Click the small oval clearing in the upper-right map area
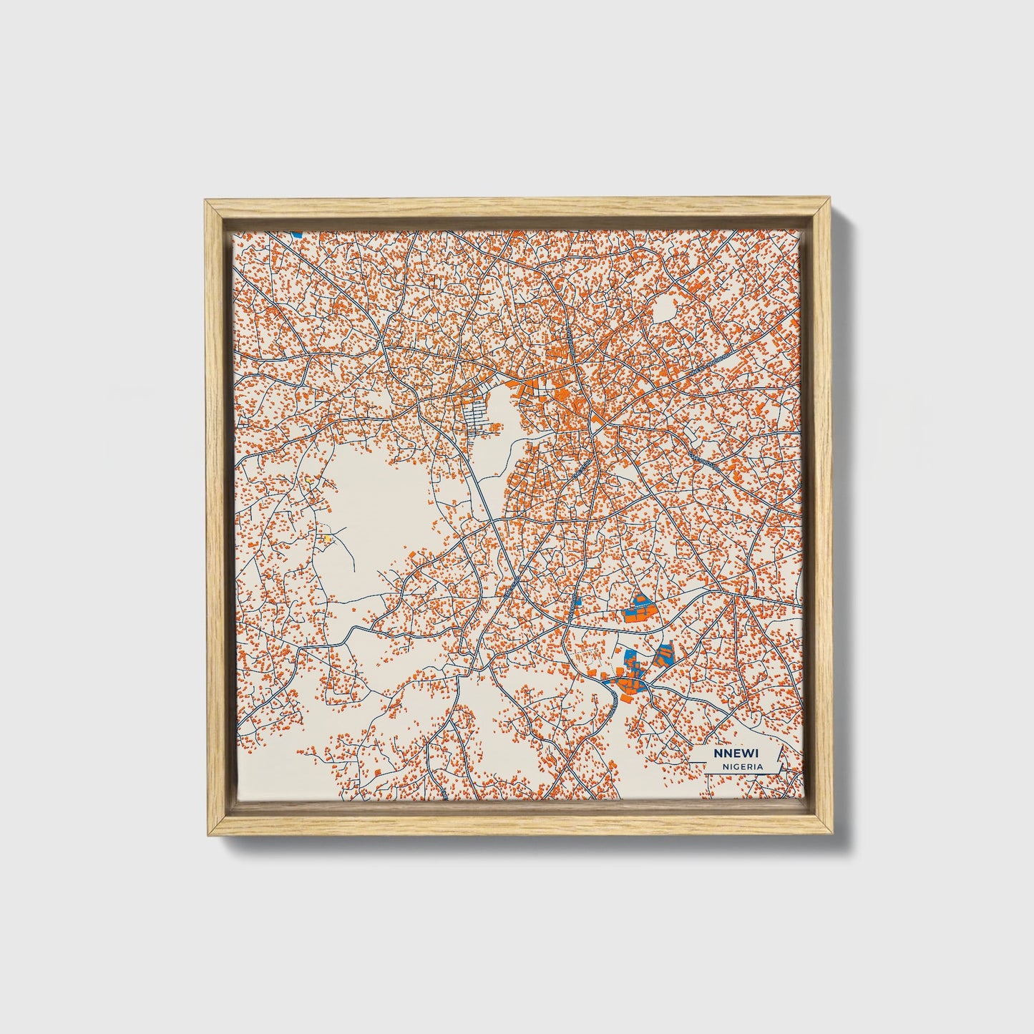pyautogui.click(x=665, y=309)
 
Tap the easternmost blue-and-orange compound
pyautogui.click(x=664, y=654)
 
